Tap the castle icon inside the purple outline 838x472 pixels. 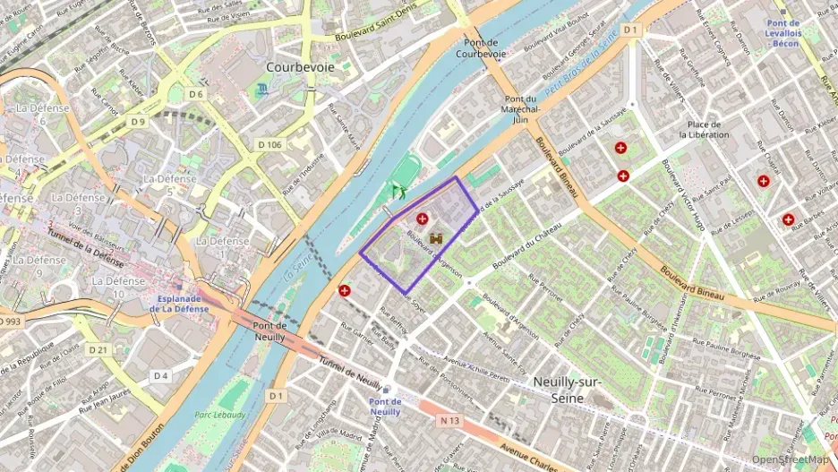click(x=437, y=239)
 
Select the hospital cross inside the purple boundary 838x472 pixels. click(x=422, y=219)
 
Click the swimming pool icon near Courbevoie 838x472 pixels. click(x=261, y=89)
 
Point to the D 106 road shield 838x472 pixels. click(x=269, y=144)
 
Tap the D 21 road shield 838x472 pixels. click(x=98, y=349)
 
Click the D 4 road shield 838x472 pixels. click(x=159, y=375)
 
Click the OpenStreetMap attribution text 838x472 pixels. click(x=791, y=459)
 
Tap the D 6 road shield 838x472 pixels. click(x=196, y=93)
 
